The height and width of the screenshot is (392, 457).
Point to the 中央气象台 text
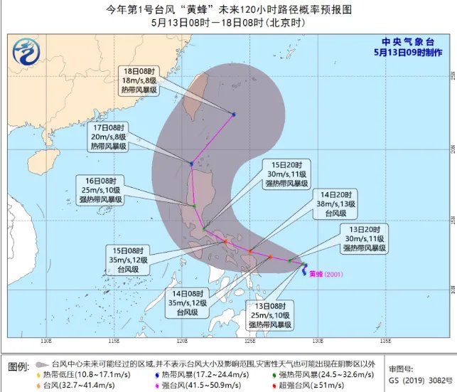pyautogui.click(x=407, y=40)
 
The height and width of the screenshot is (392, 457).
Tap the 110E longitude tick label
pyautogui.click(x=47, y=339)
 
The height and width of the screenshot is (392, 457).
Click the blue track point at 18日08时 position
pyautogui.click(x=233, y=115)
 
